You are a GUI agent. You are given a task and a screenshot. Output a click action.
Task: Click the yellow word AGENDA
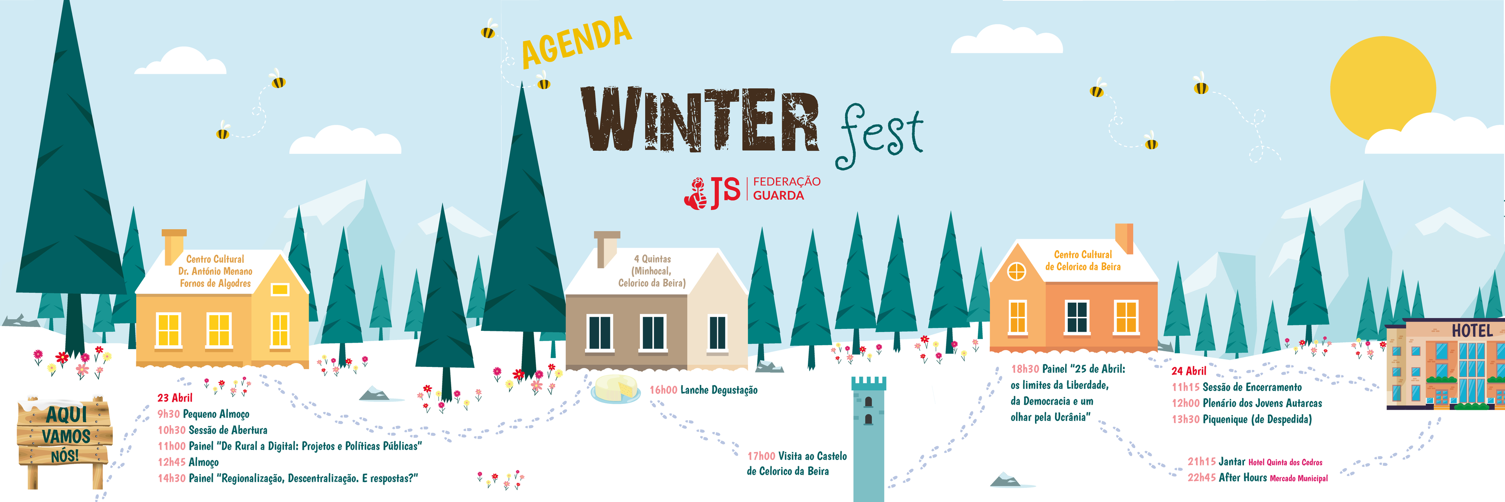click(x=577, y=41)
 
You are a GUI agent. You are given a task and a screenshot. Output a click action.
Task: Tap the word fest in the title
click(x=880, y=135)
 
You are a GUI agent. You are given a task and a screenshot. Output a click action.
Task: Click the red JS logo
click(x=712, y=193)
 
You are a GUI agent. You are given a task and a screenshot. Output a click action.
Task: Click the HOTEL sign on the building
click(x=1472, y=331)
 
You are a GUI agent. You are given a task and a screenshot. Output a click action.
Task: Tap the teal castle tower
click(x=869, y=439)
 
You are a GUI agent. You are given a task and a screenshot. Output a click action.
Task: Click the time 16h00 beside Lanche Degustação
click(x=663, y=390)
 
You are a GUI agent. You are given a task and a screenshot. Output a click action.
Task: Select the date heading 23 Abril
click(x=174, y=398)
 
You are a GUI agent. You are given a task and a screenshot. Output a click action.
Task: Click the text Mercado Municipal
click(x=1299, y=479)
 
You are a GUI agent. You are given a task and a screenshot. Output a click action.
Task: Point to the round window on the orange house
click(x=1017, y=272)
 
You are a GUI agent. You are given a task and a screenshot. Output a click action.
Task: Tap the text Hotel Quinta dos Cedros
click(x=1286, y=462)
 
